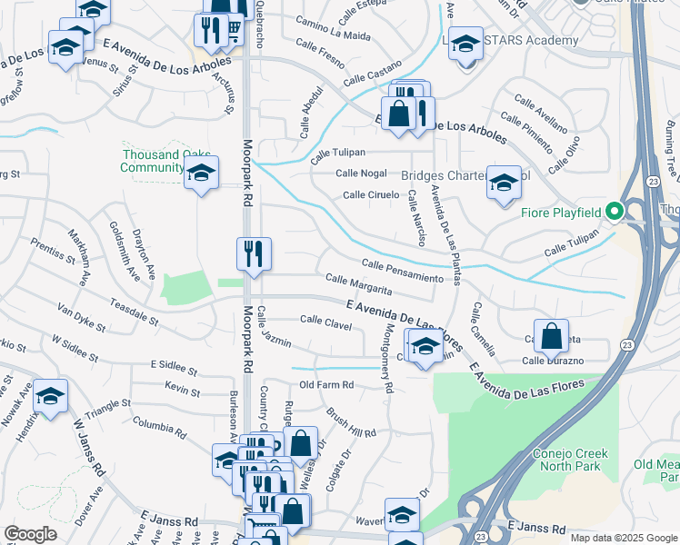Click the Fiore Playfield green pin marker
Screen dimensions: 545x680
(614, 212)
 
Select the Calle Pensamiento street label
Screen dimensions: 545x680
(401, 269)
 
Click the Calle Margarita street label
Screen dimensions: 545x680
(358, 284)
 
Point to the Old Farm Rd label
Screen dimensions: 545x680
(326, 385)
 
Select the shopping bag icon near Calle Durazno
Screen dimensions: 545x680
(551, 336)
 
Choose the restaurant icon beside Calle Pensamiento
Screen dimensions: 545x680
(254, 254)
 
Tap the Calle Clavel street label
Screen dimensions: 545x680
(325, 320)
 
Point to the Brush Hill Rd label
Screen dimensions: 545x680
(349, 421)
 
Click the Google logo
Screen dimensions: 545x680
(30, 533)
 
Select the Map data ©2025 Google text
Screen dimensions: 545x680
(624, 538)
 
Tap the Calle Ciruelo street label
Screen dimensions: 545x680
(371, 194)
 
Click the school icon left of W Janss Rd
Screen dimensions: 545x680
(51, 395)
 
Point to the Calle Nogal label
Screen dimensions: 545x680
(361, 173)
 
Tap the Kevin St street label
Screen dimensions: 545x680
(183, 390)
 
